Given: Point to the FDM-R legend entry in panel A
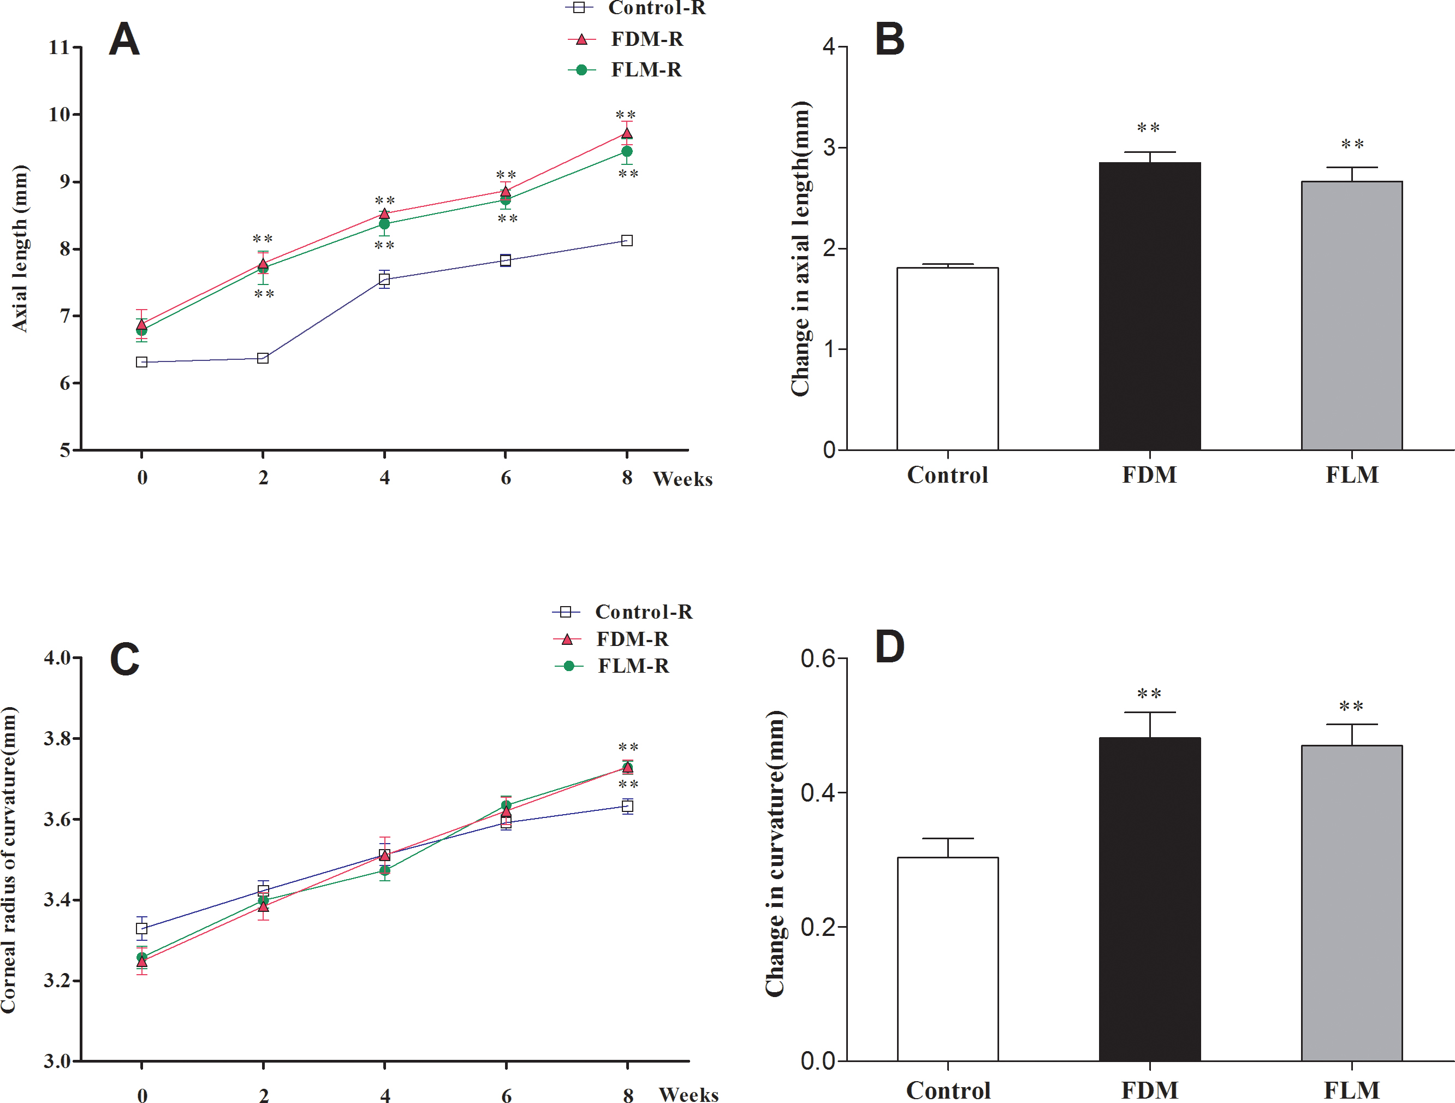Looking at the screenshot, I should point(646,39).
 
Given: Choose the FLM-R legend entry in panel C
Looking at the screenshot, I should point(633,666).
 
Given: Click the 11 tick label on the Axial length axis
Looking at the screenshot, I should point(59,48).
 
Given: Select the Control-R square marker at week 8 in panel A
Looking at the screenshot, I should point(627,241).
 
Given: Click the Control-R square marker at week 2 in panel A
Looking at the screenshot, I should point(263,358).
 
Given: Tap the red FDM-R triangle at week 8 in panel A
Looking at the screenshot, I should point(627,134).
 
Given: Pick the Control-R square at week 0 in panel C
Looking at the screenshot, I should point(141,929).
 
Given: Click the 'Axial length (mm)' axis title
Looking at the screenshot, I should point(20,248).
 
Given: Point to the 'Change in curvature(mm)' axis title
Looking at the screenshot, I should point(775,853).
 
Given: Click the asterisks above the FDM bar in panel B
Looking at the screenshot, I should point(1149,128).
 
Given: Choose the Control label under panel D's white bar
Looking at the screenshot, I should point(948,1090).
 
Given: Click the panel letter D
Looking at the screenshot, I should point(889,647).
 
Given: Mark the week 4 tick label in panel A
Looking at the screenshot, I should point(385,477).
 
